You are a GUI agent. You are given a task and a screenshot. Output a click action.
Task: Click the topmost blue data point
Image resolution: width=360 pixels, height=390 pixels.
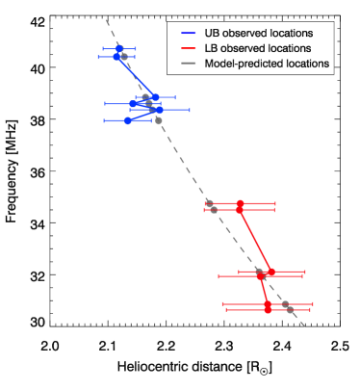tap(119, 48)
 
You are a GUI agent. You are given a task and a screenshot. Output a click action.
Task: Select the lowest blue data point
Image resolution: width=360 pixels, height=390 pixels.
tap(128, 120)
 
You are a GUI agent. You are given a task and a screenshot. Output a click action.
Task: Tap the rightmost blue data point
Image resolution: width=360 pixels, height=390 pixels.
tap(159, 110)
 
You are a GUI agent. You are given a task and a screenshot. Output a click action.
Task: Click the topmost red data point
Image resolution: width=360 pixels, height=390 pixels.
tap(241, 203)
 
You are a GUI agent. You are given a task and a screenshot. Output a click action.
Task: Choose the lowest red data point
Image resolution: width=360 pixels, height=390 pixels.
tap(268, 310)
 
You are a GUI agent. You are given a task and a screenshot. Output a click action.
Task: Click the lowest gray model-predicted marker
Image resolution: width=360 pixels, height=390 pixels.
tap(287, 305)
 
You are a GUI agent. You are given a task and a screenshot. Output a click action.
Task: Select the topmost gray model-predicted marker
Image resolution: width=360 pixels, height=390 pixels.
tap(124, 57)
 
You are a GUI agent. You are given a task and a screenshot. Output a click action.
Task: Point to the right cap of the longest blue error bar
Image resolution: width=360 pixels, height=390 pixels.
tap(189, 110)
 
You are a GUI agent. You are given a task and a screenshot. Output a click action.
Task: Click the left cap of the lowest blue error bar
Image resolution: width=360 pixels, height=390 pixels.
tap(108, 120)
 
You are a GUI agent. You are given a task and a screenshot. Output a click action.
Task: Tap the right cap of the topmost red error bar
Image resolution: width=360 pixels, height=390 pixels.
tap(275, 203)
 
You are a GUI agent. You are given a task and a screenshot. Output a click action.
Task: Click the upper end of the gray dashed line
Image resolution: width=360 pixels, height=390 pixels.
tap(105, 19)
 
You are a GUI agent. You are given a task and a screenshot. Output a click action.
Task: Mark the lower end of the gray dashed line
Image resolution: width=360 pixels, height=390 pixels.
tap(306, 326)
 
